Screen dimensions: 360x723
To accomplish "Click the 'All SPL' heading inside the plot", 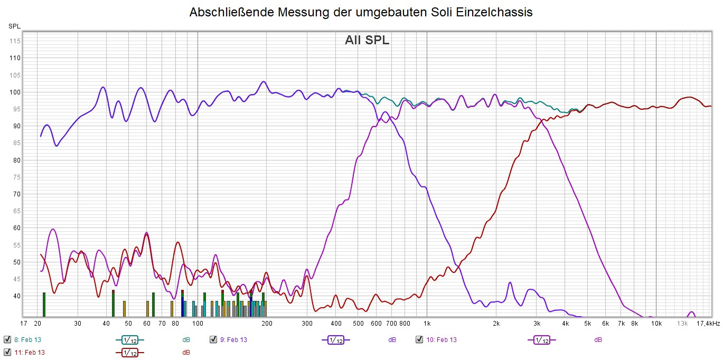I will tap(367, 40).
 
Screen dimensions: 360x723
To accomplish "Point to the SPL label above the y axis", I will tap(14, 26).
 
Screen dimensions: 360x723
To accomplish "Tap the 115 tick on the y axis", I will tap(14, 41).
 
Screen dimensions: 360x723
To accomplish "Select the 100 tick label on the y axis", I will tap(14, 92).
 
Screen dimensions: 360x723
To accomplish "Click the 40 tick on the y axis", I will tap(16, 296).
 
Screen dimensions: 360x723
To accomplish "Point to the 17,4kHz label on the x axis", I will tap(708, 323).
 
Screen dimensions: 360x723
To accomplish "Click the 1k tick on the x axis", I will tap(427, 323).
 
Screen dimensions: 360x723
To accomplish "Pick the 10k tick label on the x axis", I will tap(656, 323).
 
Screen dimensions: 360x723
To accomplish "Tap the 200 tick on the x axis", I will tap(267, 323).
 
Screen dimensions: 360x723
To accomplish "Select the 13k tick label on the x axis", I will tap(683, 323).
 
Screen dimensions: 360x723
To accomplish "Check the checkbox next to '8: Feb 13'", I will tap(7, 339).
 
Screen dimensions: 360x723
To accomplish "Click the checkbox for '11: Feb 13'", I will tap(7, 352).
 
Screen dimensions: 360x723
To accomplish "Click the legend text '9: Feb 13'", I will tap(233, 340).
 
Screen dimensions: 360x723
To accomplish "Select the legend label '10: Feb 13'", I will tap(441, 340).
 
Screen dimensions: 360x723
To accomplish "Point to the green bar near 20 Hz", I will tap(44, 304).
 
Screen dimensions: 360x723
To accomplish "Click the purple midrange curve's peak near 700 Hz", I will tap(384, 112).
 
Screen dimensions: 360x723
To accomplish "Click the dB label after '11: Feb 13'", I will tap(186, 353).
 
